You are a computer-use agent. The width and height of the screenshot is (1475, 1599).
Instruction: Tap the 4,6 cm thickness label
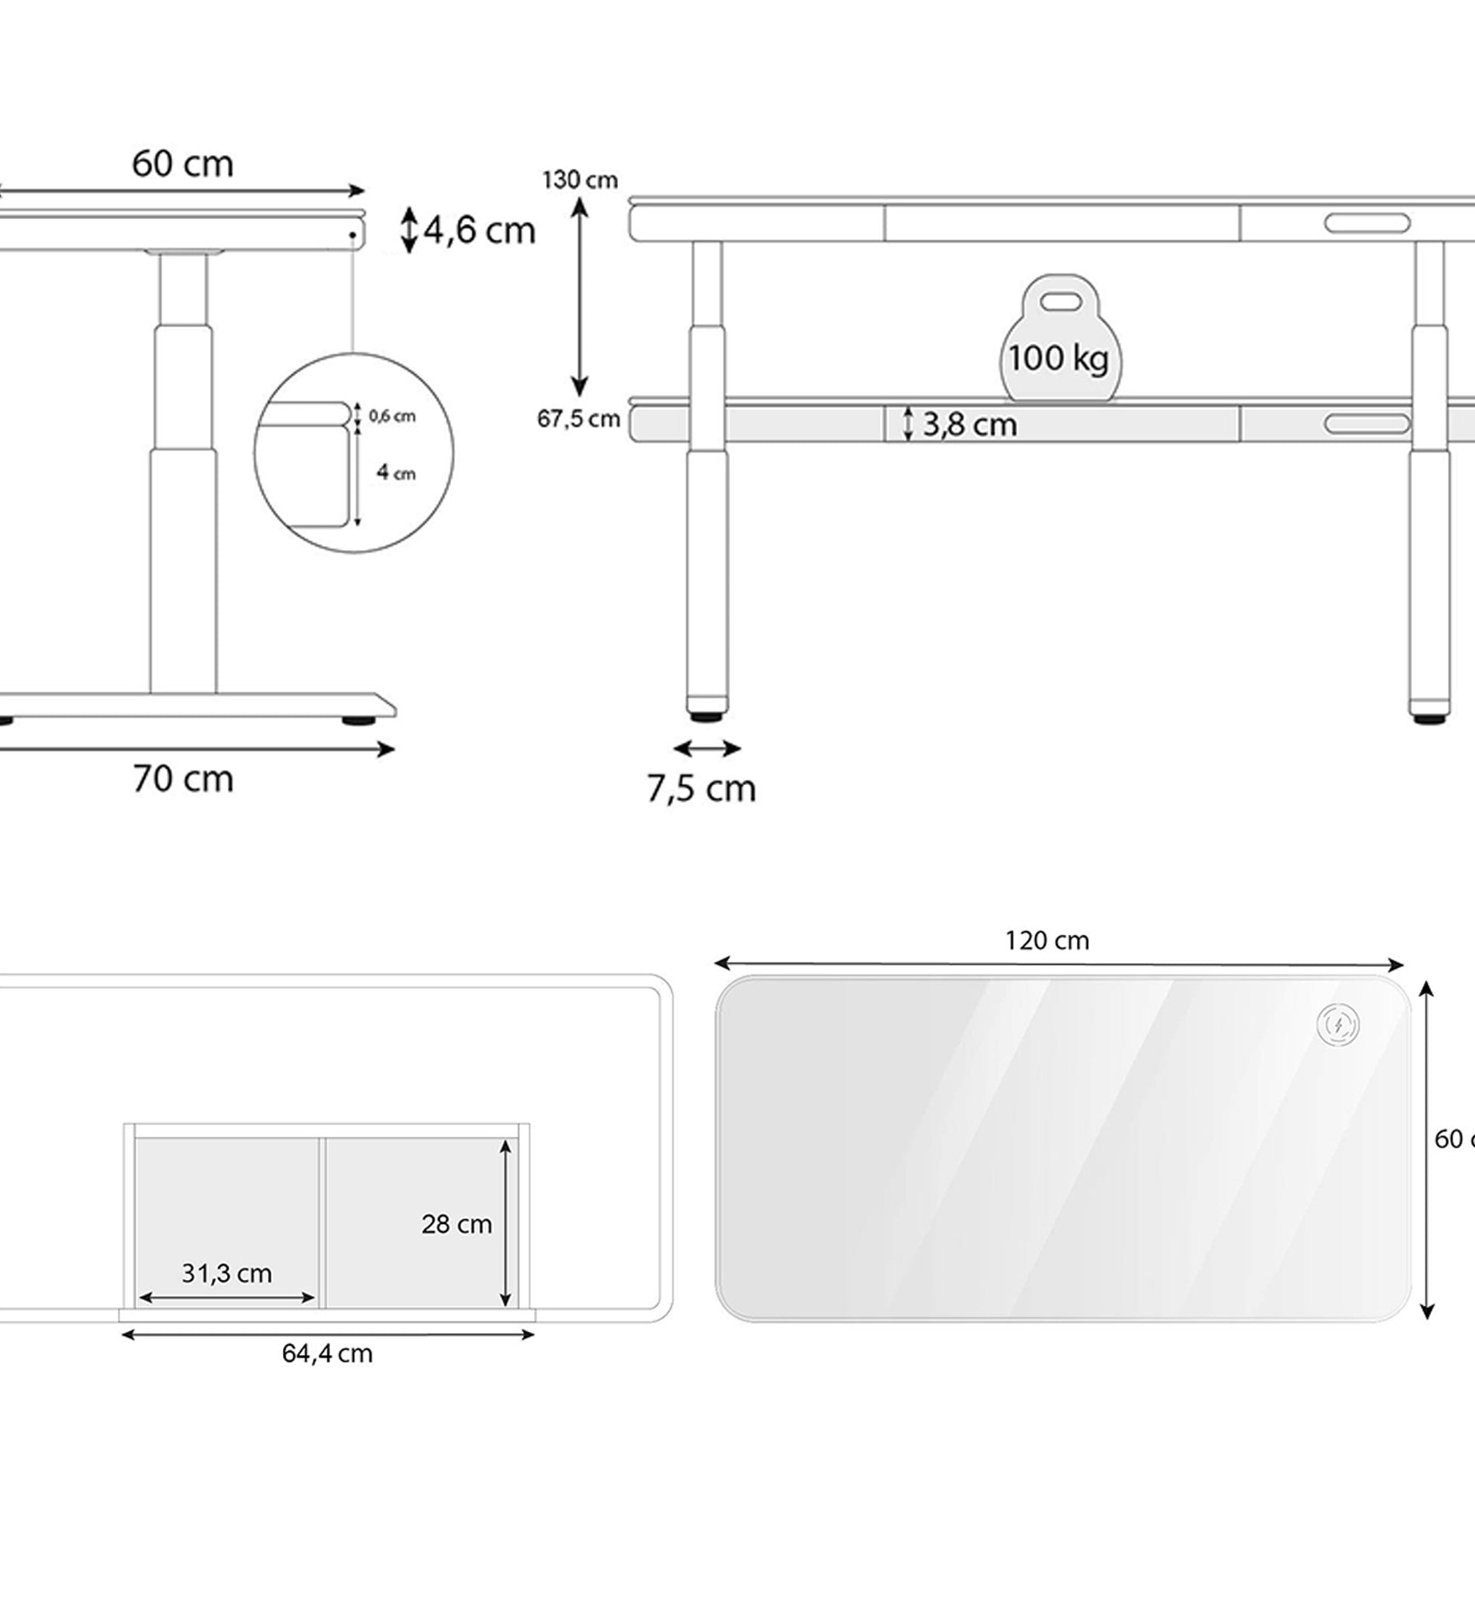coord(478,231)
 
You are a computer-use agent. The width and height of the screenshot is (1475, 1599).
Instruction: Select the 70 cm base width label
coord(183,779)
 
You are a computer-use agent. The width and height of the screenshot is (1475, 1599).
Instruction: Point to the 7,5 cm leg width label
coord(701,789)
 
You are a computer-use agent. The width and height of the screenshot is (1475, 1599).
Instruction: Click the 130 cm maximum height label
coord(580,180)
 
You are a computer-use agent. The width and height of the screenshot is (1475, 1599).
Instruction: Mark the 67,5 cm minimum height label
coord(578,419)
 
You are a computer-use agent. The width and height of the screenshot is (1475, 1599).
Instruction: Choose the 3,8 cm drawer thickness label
coord(969,425)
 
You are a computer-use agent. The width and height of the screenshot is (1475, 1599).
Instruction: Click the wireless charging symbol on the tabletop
coord(1337,1024)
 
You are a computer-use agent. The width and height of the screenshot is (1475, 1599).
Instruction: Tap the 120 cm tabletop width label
coord(1046,941)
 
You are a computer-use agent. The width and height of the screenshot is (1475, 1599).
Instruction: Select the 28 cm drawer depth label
coord(456,1224)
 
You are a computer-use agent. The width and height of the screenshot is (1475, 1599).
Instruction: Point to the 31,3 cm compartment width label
coord(226,1273)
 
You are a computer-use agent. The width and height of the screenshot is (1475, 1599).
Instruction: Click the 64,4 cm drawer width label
coord(327,1354)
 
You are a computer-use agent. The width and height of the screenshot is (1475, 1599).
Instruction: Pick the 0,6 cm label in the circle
coord(392,416)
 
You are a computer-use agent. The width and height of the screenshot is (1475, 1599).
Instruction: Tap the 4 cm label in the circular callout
coord(396,473)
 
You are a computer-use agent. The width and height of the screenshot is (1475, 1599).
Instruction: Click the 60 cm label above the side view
coord(182,165)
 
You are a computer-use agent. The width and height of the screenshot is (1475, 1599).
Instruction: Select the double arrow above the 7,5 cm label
coord(707,748)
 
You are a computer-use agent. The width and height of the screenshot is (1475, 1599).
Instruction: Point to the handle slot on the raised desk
coord(1366,223)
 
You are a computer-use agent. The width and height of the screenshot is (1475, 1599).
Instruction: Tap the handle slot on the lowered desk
coord(1366,424)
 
